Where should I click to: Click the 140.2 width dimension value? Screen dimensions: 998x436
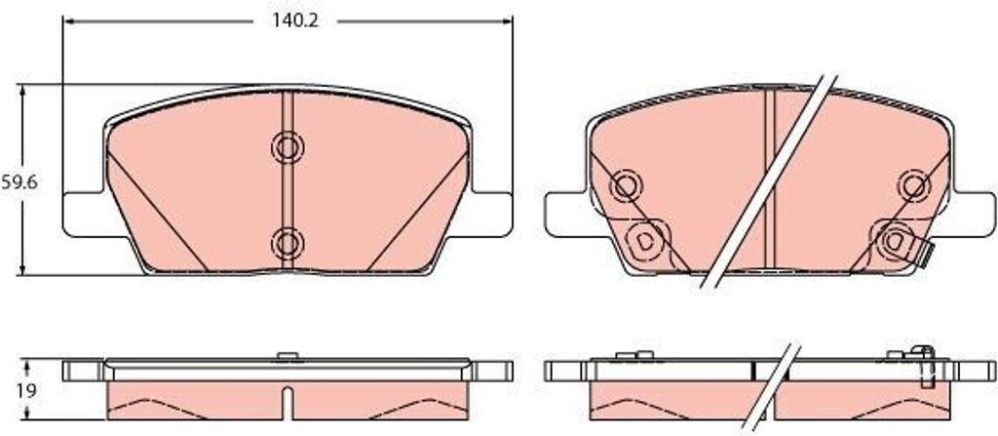pyautogui.click(x=295, y=21)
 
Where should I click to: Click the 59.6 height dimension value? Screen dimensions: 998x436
pyautogui.click(x=19, y=182)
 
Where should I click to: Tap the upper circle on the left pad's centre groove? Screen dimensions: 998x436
pyautogui.click(x=288, y=148)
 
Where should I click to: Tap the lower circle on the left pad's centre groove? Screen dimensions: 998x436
pyautogui.click(x=288, y=243)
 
